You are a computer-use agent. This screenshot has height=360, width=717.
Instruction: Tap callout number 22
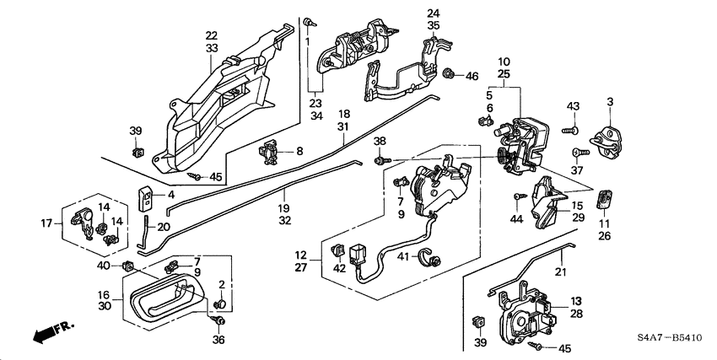click(211, 35)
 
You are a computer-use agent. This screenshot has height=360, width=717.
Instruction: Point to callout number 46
click(472, 76)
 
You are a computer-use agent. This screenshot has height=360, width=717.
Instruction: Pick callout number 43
click(573, 105)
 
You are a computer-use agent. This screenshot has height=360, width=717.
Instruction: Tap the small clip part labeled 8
click(272, 153)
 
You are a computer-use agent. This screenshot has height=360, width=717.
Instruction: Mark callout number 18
click(344, 113)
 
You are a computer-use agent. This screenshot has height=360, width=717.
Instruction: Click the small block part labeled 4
click(146, 200)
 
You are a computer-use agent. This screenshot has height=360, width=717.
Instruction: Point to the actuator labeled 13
click(523, 315)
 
